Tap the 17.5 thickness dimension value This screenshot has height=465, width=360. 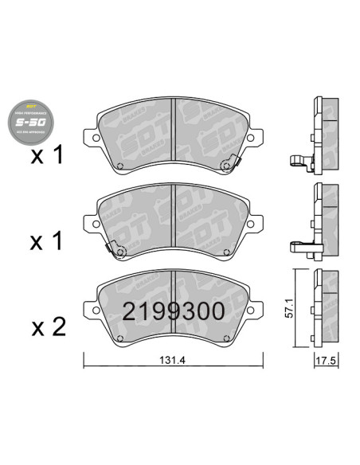click(323, 361)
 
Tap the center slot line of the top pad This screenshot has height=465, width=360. click(174, 135)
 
